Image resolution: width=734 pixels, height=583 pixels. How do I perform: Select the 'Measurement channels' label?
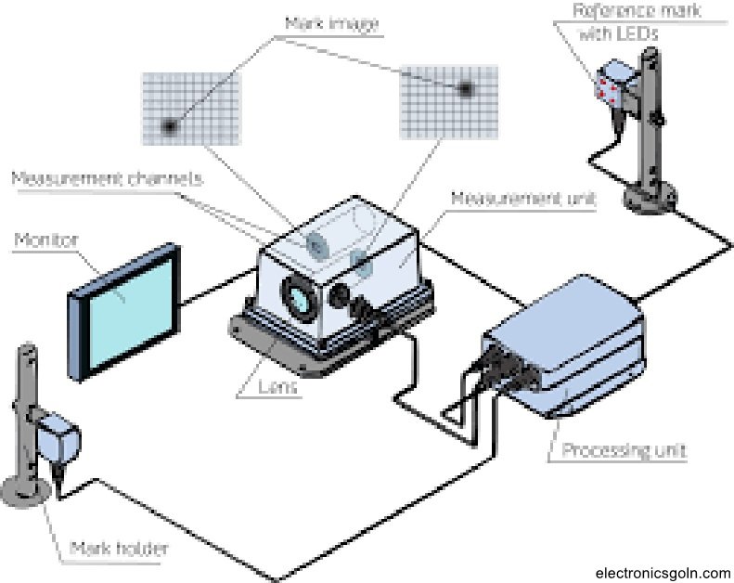pyautogui.click(x=106, y=177)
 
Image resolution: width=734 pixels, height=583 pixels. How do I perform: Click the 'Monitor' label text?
pyautogui.click(x=45, y=240)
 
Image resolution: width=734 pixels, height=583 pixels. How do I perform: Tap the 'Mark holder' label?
pyautogui.click(x=119, y=550)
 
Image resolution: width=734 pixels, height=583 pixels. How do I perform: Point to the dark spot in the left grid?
pyautogui.click(x=170, y=125)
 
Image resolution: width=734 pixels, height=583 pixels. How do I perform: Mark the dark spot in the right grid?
pyautogui.click(x=465, y=89)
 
